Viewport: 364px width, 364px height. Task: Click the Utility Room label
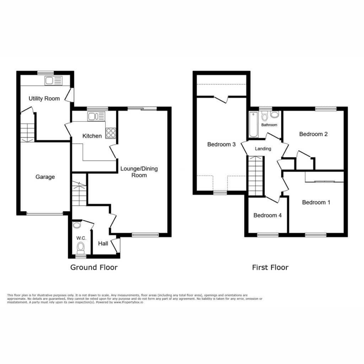[44, 98]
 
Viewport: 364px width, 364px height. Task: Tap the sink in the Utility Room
[54, 81]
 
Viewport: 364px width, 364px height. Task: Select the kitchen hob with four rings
[111, 133]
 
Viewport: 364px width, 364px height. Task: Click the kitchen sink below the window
[96, 116]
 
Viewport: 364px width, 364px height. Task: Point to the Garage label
[45, 177]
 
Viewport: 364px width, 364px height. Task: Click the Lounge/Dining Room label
[139, 172]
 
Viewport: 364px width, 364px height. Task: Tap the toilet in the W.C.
[81, 248]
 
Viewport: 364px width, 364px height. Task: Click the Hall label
[103, 243]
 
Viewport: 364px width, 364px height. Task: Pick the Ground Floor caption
[94, 267]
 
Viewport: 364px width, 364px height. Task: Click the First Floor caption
[270, 267]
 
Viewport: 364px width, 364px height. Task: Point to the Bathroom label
[269, 125]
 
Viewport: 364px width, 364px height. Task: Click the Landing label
[263, 149]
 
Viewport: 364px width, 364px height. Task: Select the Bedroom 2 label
[314, 134]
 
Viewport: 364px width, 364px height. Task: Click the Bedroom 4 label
[267, 215]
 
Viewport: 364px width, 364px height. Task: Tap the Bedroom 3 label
[221, 144]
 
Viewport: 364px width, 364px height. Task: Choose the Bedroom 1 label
[316, 202]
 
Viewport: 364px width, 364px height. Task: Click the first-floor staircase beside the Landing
[256, 176]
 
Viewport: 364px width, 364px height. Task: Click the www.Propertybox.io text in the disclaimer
[128, 302]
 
